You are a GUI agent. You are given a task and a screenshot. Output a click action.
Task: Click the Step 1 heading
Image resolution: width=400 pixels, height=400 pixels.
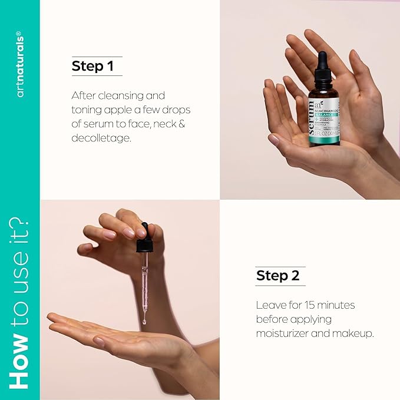tap(92, 66)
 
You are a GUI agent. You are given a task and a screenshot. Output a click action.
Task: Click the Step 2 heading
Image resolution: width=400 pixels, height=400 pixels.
tap(277, 275)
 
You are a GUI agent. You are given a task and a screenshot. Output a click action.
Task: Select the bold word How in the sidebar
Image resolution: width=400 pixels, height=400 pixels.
tap(20, 360)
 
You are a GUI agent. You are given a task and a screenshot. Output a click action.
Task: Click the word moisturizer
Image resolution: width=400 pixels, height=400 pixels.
tap(285, 334)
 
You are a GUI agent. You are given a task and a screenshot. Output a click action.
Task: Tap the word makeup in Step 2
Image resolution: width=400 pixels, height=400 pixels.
tap(356, 334)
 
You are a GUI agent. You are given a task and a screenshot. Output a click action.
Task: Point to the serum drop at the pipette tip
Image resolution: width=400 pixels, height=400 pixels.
tap(144, 321)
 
